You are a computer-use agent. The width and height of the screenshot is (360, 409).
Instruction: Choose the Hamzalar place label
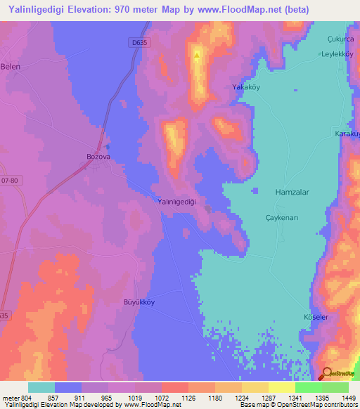[x=292, y=191]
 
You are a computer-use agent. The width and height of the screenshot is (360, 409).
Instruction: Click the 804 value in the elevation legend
[x=22, y=396]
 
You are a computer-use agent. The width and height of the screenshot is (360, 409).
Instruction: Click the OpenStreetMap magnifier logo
[x=326, y=374]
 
